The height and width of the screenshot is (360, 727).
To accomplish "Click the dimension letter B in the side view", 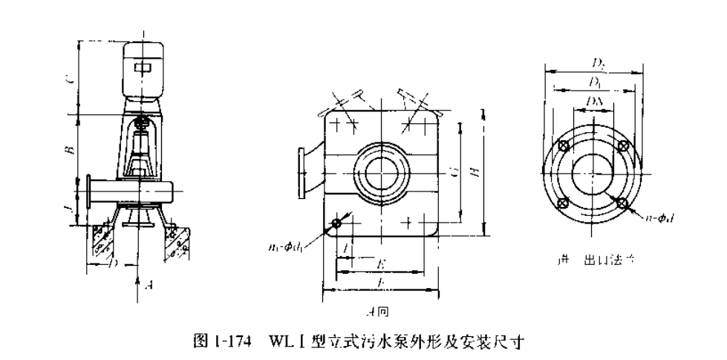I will (69, 148).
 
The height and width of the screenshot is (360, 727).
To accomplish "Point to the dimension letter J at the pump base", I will (69, 200).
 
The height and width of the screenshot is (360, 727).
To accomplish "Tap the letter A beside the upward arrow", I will (148, 283).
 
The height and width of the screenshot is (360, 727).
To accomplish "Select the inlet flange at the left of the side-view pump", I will (90, 192).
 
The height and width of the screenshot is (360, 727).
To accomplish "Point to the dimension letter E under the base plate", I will (380, 263).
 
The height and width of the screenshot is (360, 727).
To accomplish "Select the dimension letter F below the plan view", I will (380, 283).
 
